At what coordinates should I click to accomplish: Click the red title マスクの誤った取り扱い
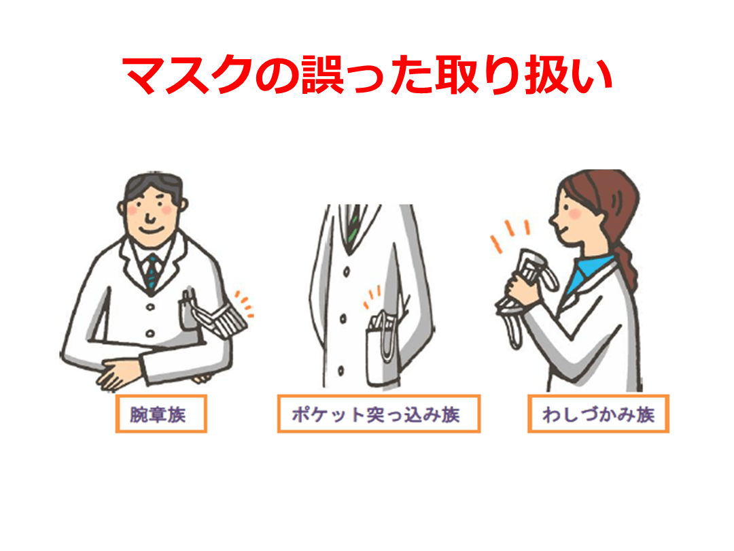pyautogui.click(x=367, y=76)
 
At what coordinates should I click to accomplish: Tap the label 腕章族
pyautogui.click(x=158, y=415)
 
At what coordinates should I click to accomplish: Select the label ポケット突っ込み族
pyautogui.click(x=376, y=415)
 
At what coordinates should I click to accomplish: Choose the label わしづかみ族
pyautogui.click(x=598, y=415)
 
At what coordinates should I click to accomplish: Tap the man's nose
pyautogui.click(x=150, y=217)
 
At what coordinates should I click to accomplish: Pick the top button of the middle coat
pyautogui.click(x=347, y=271)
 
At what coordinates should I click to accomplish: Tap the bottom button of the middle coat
pyautogui.click(x=340, y=371)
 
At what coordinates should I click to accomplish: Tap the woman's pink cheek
pyautogui.click(x=575, y=214)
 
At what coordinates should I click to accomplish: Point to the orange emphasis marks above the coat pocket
pyautogui.click(x=372, y=297)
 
